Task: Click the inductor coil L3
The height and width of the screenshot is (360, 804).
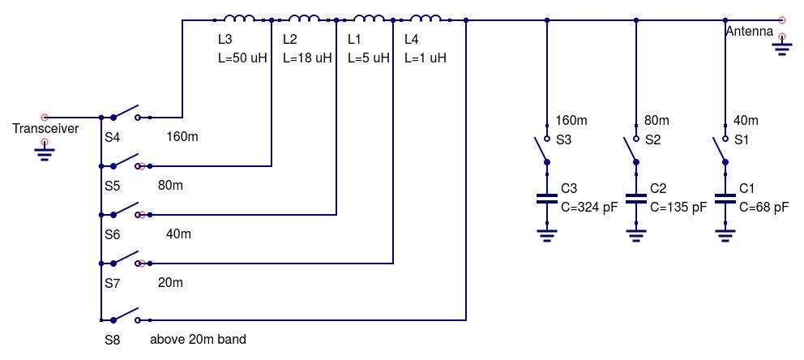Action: click(x=239, y=19)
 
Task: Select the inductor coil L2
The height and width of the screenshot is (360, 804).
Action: click(x=304, y=19)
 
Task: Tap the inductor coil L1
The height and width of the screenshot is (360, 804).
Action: click(x=369, y=19)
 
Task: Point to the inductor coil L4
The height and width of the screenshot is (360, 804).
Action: click(x=426, y=19)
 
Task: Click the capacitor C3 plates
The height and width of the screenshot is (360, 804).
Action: click(x=547, y=199)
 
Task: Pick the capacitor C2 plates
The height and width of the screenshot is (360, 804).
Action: click(x=636, y=199)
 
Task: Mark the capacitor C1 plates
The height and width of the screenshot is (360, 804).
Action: click(x=725, y=199)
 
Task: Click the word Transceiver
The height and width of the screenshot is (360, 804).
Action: click(x=45, y=129)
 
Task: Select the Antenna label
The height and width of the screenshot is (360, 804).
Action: click(x=749, y=32)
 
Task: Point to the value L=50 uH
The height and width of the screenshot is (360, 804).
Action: click(x=242, y=58)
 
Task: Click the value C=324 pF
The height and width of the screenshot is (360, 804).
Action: click(x=589, y=208)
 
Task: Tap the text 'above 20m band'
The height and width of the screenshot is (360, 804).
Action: click(x=198, y=340)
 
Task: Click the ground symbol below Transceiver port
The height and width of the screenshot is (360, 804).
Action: click(x=45, y=152)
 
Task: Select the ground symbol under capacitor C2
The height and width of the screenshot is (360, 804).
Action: click(x=636, y=235)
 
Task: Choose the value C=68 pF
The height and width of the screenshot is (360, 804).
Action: click(x=764, y=208)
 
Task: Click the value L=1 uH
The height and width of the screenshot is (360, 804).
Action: click(x=425, y=58)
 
